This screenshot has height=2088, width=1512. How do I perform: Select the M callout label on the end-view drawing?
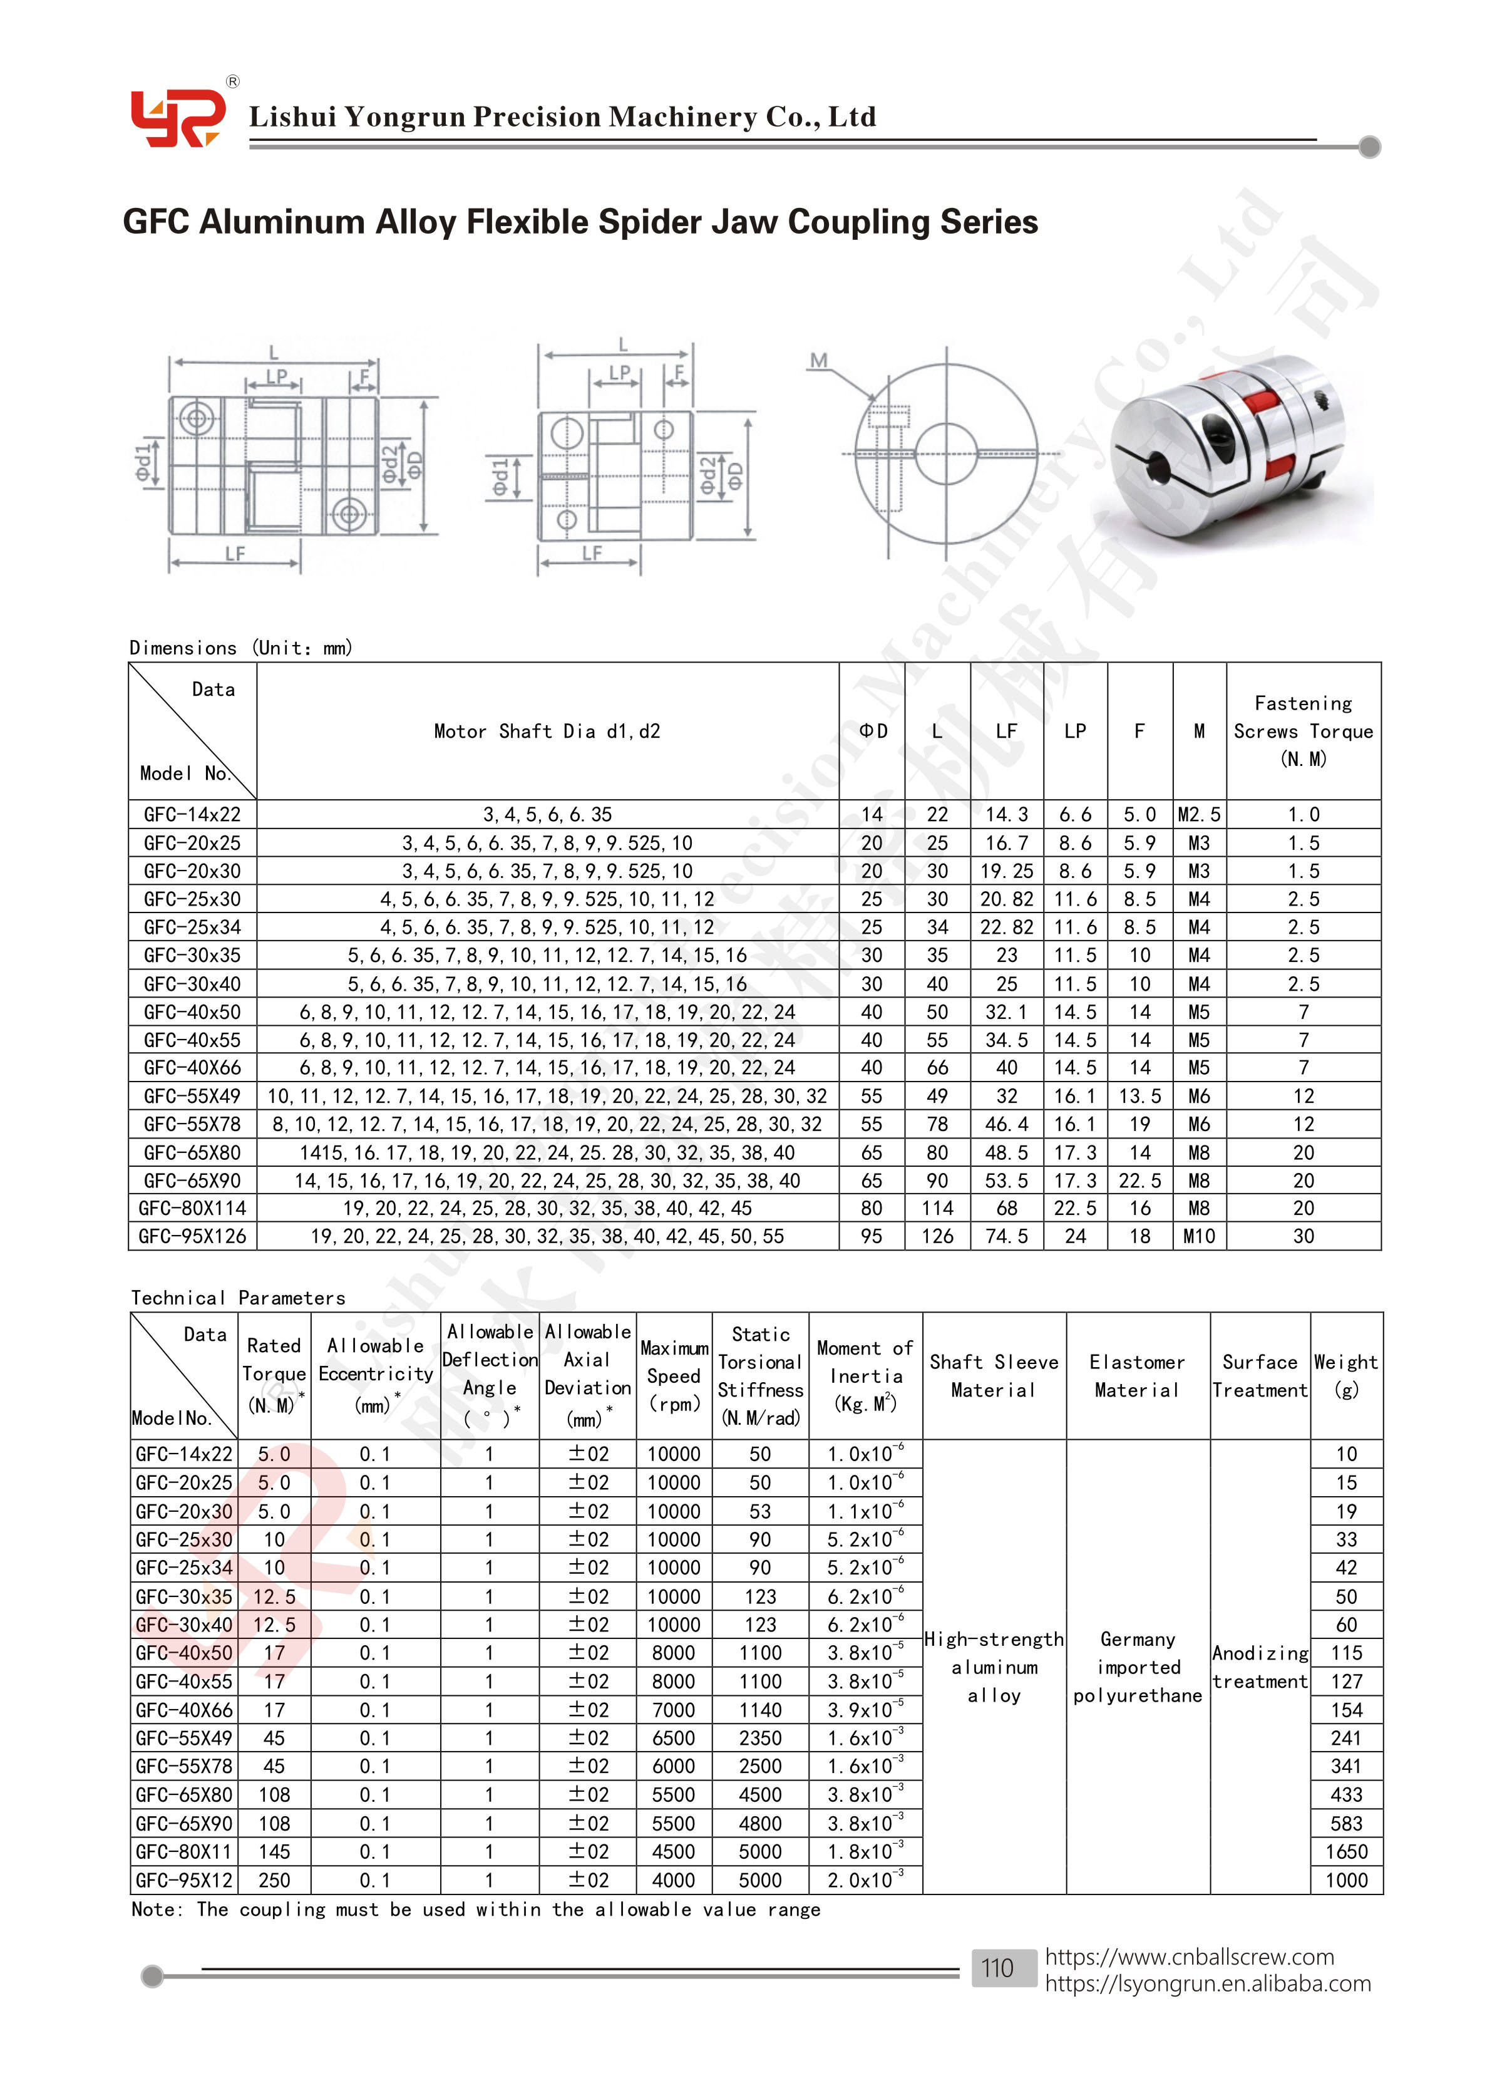tap(818, 360)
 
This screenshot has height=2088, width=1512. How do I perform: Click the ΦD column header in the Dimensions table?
tap(872, 731)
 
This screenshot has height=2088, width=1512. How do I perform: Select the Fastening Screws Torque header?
tap(1303, 731)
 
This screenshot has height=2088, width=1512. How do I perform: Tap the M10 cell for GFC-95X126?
tap(1199, 1236)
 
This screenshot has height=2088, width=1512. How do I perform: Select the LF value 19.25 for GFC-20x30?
tap(1007, 871)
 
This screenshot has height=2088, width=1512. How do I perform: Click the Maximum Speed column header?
tap(674, 1375)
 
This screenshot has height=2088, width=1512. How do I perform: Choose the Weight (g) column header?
tap(1345, 1375)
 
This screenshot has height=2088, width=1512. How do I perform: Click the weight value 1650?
tap(1346, 1851)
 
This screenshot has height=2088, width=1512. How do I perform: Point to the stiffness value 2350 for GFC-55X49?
tap(760, 1738)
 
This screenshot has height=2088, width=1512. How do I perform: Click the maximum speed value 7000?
tap(674, 1710)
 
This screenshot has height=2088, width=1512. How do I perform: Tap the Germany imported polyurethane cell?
tap(1138, 1667)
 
